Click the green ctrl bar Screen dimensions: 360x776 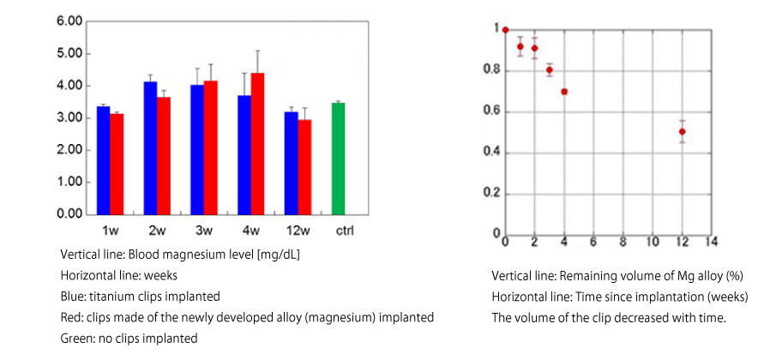pyautogui.click(x=338, y=159)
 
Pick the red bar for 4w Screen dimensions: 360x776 pyautogui.click(x=257, y=143)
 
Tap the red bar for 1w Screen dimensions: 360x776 pyautogui.click(x=117, y=164)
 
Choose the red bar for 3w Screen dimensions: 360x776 pyautogui.click(x=210, y=147)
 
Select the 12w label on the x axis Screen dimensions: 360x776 pyautogui.click(x=297, y=230)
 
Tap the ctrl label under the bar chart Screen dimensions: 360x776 pyautogui.click(x=344, y=230)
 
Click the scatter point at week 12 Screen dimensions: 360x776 pyautogui.click(x=682, y=131)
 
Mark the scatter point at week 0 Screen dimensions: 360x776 pyautogui.click(x=505, y=30)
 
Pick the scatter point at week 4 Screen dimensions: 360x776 pyautogui.click(x=564, y=91)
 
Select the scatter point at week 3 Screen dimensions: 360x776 pyautogui.click(x=550, y=70)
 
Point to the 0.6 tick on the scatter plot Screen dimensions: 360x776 pyautogui.click(x=490, y=111)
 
